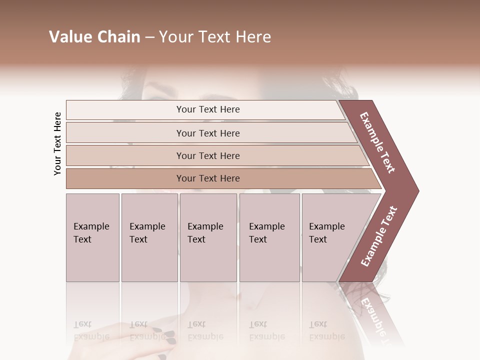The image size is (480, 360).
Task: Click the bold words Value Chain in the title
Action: (x=94, y=37)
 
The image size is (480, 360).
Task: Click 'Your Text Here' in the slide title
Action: (x=215, y=37)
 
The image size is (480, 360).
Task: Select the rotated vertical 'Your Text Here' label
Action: (x=57, y=143)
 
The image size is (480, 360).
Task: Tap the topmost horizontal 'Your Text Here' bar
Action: (x=208, y=109)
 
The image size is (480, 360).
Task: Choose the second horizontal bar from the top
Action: (x=208, y=133)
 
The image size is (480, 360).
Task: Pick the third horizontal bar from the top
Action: (x=208, y=155)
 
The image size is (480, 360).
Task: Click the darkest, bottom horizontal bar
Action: (x=208, y=178)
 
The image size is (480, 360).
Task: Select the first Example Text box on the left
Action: (x=92, y=237)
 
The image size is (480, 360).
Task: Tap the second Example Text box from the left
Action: (x=149, y=237)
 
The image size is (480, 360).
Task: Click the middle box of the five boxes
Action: (x=208, y=237)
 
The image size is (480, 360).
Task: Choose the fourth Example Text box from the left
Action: (x=269, y=237)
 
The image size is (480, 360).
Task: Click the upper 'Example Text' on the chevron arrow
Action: (x=377, y=142)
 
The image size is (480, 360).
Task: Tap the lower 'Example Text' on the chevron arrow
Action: (x=379, y=236)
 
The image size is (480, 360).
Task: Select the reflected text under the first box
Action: (x=91, y=330)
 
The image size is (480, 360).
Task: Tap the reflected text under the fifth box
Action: (x=326, y=330)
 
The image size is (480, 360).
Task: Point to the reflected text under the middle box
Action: (x=205, y=330)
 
